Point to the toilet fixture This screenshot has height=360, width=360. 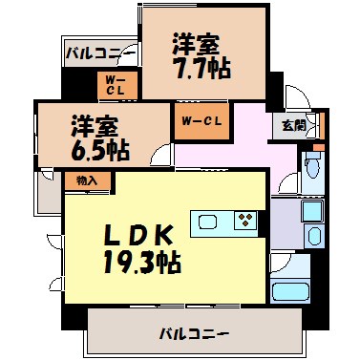311,172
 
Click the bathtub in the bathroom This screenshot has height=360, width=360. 293,290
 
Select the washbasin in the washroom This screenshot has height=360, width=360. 311,212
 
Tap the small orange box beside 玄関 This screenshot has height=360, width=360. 320,125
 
